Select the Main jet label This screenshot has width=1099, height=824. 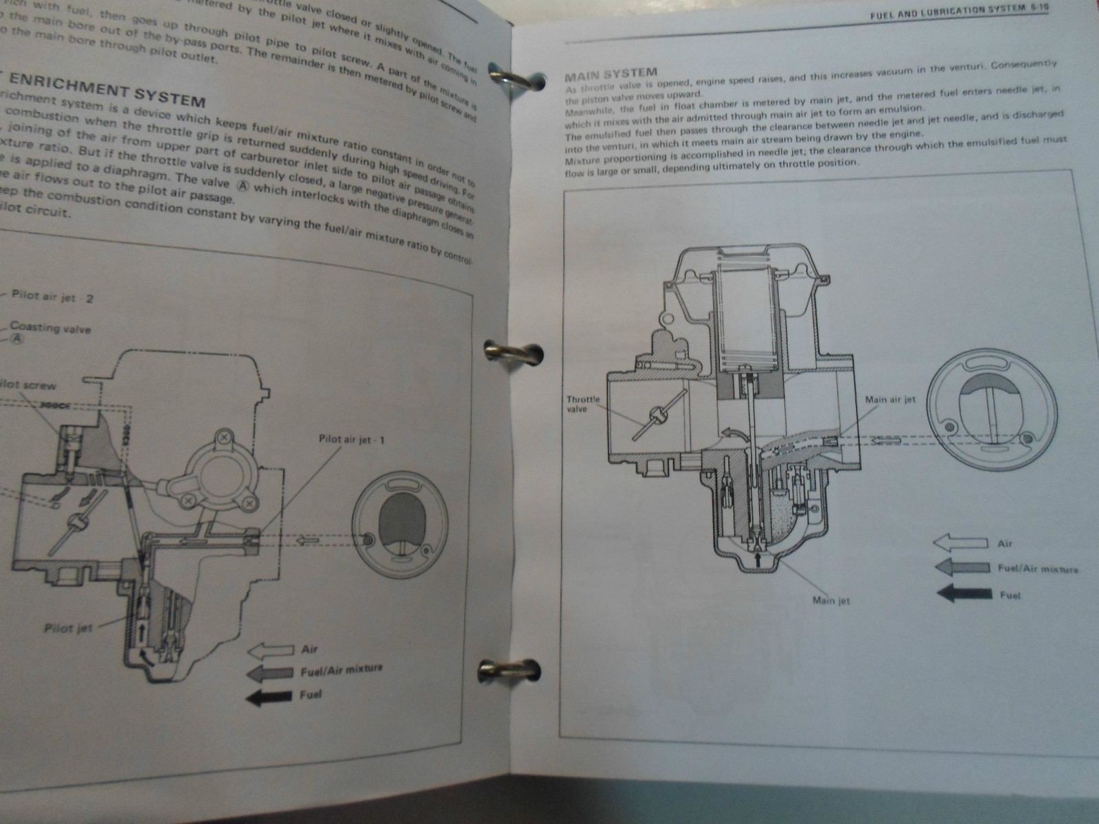tap(831, 601)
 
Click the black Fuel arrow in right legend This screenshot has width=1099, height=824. tap(963, 594)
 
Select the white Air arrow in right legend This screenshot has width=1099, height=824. tap(959, 544)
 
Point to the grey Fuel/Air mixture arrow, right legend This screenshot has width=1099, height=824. tap(962, 569)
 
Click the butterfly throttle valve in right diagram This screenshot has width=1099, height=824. tap(658, 415)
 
